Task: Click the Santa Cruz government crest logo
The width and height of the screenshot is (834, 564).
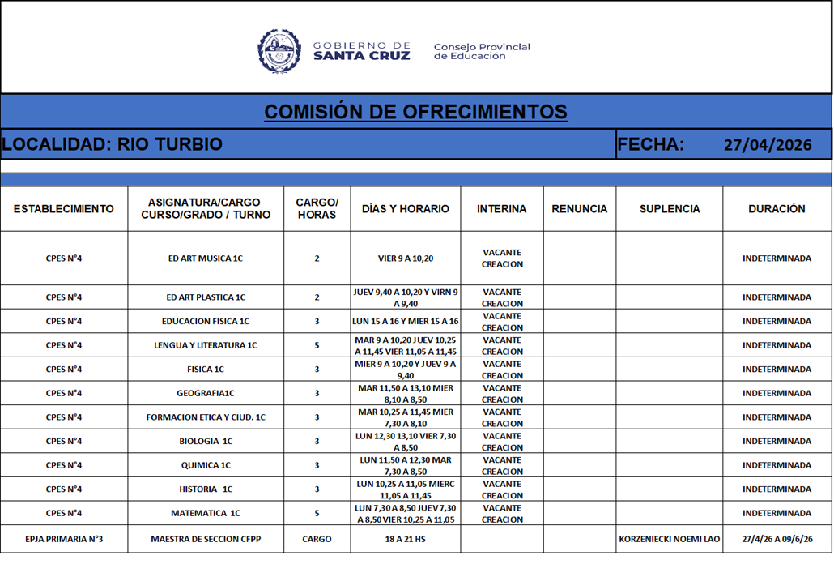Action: click(279, 51)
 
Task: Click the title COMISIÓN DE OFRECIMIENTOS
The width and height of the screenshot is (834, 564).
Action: click(415, 112)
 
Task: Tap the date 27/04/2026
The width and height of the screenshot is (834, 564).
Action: click(767, 145)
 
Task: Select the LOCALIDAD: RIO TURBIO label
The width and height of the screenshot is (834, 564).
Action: click(112, 144)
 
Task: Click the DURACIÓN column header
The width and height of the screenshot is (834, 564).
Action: click(777, 209)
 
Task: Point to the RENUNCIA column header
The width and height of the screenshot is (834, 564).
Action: click(579, 209)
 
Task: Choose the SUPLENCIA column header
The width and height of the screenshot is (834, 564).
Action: click(669, 209)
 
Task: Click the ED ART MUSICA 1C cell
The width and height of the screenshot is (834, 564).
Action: click(205, 258)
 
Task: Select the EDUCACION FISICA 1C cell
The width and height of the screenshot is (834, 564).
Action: click(205, 322)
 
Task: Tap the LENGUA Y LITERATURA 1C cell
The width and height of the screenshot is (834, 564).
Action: click(205, 345)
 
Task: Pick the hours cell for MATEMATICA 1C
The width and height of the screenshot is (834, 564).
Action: click(317, 513)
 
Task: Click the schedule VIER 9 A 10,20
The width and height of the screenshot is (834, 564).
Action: click(405, 258)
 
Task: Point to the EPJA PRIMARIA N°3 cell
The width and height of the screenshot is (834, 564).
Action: click(64, 539)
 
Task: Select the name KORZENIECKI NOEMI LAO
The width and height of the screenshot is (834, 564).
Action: click(669, 539)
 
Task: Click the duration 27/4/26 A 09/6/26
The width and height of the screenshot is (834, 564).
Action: click(777, 539)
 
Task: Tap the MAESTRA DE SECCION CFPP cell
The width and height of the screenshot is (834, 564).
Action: click(205, 539)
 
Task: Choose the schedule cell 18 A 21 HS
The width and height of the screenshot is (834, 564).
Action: click(405, 539)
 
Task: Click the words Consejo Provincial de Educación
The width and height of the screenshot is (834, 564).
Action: click(482, 52)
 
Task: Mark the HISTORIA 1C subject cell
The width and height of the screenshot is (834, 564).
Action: click(205, 489)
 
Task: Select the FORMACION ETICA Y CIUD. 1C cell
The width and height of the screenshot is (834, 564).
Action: click(205, 417)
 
